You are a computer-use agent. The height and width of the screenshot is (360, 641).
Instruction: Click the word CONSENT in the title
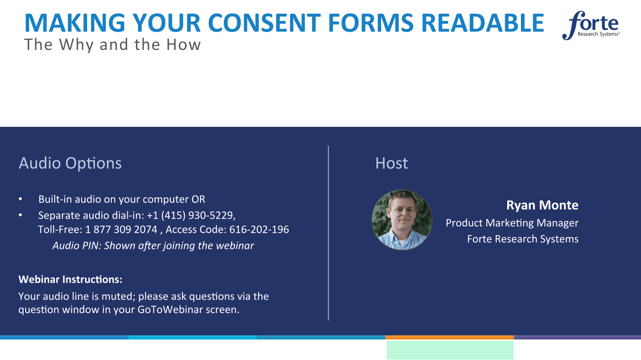click(264, 23)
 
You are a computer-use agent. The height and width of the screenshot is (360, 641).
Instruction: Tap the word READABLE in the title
click(482, 23)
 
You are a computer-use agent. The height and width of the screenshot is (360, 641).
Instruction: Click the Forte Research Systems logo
click(591, 26)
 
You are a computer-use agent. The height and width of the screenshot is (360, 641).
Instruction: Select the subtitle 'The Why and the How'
click(112, 44)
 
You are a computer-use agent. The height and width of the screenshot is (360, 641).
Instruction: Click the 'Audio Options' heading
click(70, 163)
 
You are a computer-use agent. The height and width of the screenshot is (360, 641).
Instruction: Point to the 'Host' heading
click(391, 163)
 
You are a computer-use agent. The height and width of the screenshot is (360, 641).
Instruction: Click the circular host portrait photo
click(402, 220)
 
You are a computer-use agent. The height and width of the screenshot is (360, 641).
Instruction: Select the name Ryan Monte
click(542, 205)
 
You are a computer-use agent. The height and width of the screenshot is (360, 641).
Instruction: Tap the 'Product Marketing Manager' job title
click(512, 223)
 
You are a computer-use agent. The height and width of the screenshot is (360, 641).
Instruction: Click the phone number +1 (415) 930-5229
click(191, 215)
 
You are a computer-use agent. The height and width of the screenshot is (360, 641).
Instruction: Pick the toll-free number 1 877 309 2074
click(121, 229)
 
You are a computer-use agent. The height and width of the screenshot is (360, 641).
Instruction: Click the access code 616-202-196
click(259, 229)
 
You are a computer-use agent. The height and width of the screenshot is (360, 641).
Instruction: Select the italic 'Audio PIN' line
click(153, 246)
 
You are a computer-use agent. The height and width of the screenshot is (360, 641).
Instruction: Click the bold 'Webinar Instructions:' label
click(71, 279)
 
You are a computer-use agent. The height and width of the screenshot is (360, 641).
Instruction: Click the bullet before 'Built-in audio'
click(21, 199)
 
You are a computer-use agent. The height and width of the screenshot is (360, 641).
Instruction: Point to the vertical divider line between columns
click(328, 233)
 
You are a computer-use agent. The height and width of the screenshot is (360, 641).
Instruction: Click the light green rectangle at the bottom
click(450, 350)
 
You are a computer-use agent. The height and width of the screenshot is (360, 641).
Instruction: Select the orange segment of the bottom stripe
click(450, 337)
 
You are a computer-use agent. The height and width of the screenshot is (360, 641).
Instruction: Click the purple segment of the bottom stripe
click(577, 337)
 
